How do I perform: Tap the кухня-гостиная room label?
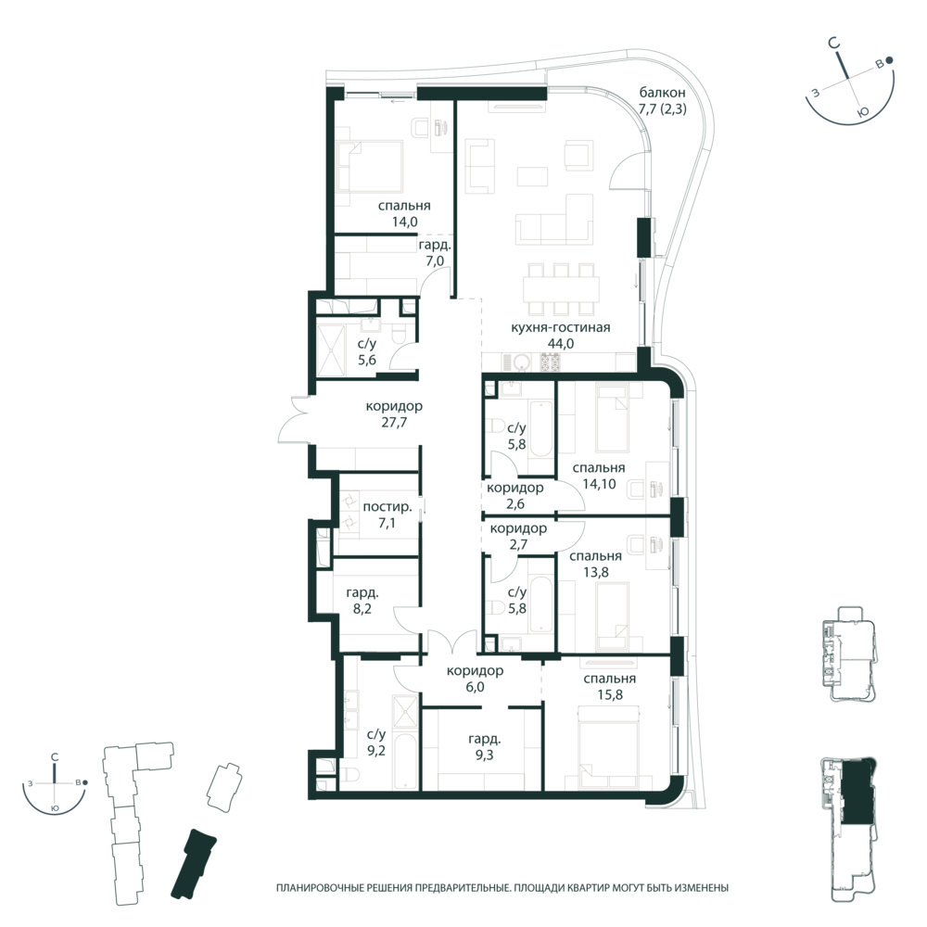(561, 328)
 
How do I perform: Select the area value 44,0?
(561, 344)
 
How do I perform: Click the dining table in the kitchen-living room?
(558, 289)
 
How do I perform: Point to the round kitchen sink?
(521, 362)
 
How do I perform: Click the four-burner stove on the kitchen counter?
(550, 362)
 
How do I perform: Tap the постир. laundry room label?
(387, 507)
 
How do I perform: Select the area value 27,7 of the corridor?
(394, 423)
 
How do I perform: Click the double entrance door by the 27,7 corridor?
(295, 419)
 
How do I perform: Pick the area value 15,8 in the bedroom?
(610, 695)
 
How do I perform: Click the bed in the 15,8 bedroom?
(611, 750)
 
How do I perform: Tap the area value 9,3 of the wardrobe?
(484, 756)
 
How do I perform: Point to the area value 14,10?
(599, 484)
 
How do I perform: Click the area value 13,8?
(595, 572)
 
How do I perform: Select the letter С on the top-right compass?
(833, 43)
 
